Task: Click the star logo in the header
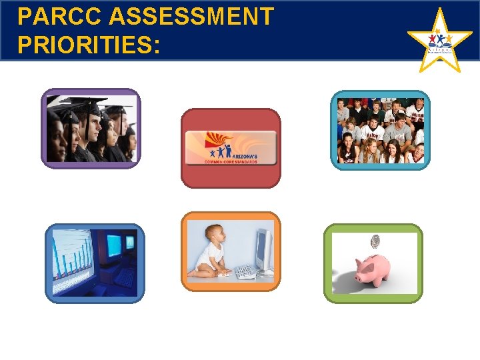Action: pos(439,41)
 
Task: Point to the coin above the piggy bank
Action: pos(375,241)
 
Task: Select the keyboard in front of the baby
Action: pos(246,272)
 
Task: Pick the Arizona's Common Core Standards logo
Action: pos(231,147)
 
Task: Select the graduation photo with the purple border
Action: pos(91,128)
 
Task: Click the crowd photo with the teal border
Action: pos(381,130)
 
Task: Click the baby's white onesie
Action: pos(214,256)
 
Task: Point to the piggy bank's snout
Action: pos(396,268)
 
